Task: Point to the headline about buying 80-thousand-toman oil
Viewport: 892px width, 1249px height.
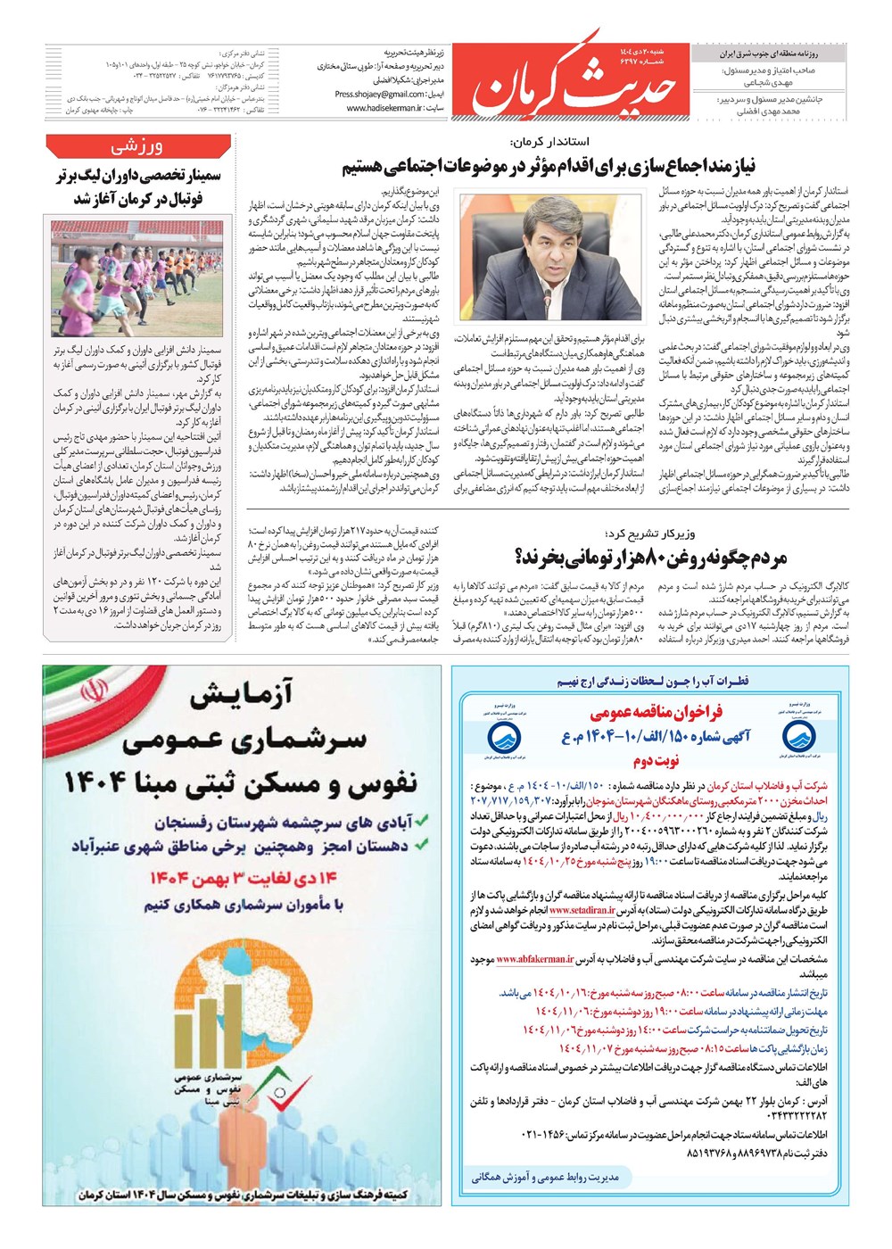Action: (x=650, y=558)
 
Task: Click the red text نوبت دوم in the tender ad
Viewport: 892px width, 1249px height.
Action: (x=656, y=761)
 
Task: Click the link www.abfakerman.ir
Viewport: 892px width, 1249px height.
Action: (x=535, y=960)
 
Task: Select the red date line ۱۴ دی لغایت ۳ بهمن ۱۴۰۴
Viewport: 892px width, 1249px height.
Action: (x=244, y=880)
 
